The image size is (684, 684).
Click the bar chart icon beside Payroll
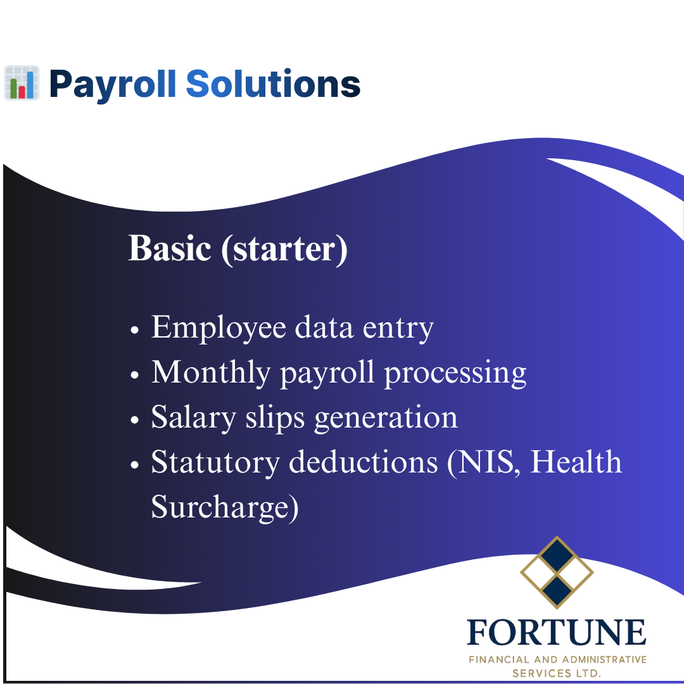click(22, 83)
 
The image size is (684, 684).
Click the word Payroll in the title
click(112, 84)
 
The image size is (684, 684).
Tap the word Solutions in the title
click(273, 84)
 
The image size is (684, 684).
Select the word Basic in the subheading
click(169, 248)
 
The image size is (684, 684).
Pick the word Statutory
click(215, 463)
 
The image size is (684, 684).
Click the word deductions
click(364, 462)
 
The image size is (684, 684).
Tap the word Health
click(576, 462)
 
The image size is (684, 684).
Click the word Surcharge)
click(224, 508)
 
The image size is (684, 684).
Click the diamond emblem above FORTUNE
click(557, 573)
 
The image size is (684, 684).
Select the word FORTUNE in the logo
click(557, 633)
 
